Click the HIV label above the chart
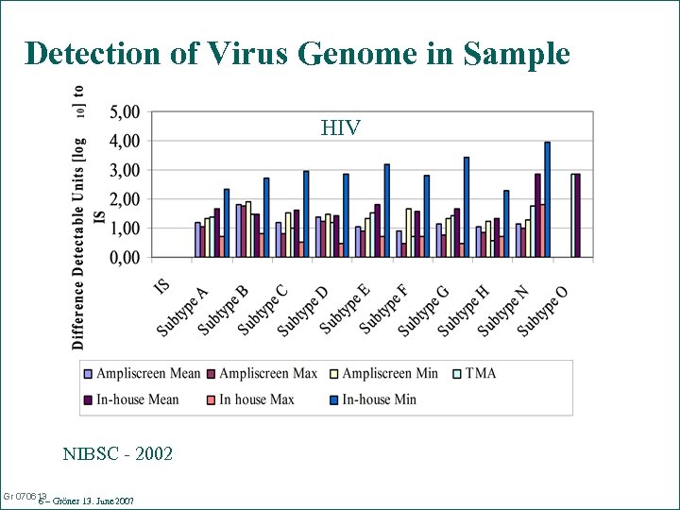click(x=340, y=127)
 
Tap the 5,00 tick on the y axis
click(x=126, y=112)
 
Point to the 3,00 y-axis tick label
click(x=126, y=170)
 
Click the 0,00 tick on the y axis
click(x=126, y=257)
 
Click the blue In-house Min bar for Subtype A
click(x=227, y=223)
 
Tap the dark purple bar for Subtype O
click(x=577, y=215)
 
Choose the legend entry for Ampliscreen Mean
click(x=142, y=373)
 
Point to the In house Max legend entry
click(x=249, y=399)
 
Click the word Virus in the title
click(x=235, y=53)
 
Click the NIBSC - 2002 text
click(x=118, y=454)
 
